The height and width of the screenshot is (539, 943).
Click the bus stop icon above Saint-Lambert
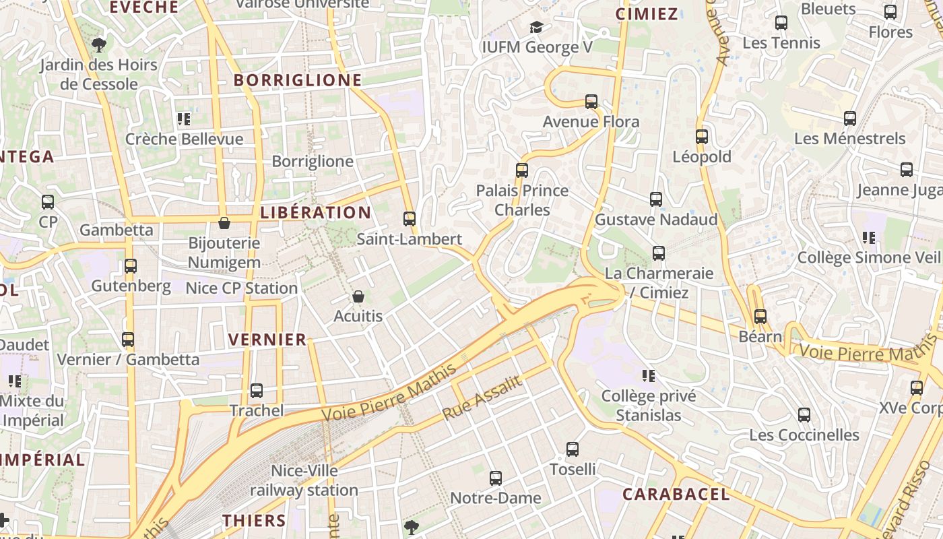click(x=409, y=218)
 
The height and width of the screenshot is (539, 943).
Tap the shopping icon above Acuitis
click(x=358, y=296)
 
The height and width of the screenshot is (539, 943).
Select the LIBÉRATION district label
click(x=315, y=213)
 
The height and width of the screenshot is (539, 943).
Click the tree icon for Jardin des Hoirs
click(x=99, y=45)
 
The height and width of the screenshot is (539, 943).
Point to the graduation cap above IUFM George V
click(x=536, y=27)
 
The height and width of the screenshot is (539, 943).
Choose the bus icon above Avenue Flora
click(x=591, y=102)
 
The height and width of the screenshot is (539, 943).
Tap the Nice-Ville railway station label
click(x=304, y=480)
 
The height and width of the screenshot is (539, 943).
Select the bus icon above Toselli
click(x=573, y=449)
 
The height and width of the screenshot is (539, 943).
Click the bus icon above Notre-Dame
click(x=496, y=478)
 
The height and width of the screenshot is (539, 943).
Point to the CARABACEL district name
click(x=676, y=495)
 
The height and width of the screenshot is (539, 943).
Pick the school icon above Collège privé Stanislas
click(x=649, y=375)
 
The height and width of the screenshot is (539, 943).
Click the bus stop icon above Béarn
click(x=760, y=316)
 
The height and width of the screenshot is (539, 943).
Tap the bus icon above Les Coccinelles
click(x=804, y=415)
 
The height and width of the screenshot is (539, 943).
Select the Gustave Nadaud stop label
click(x=656, y=220)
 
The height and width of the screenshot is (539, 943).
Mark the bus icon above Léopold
click(x=702, y=137)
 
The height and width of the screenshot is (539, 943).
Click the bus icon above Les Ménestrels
click(x=850, y=119)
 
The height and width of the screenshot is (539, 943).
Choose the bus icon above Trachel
click(x=256, y=391)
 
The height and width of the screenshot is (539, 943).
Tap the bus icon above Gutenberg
click(x=131, y=266)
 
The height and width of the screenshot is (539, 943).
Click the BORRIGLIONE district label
click(x=298, y=81)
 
